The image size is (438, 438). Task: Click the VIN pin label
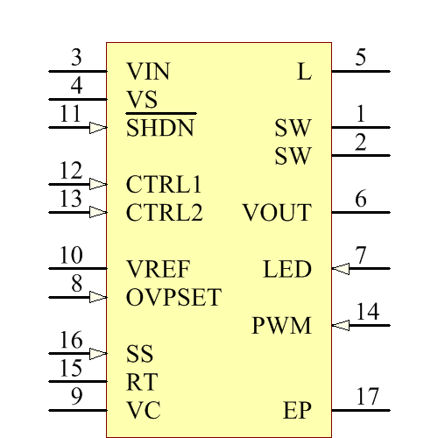click(x=148, y=72)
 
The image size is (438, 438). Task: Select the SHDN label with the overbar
click(x=160, y=129)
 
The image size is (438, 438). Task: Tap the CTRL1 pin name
click(x=165, y=185)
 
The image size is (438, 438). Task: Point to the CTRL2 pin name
click(x=165, y=213)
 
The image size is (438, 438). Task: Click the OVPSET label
click(x=173, y=298)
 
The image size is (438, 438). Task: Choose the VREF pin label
click(x=158, y=269)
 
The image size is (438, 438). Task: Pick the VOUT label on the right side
click(x=277, y=213)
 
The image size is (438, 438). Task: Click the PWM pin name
click(x=282, y=327)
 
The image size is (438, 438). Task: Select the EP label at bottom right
click(x=298, y=411)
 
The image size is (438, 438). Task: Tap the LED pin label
click(x=287, y=270)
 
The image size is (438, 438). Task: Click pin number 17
click(x=368, y=397)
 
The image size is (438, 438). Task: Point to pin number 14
click(x=368, y=312)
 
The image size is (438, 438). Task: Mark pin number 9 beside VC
click(x=76, y=397)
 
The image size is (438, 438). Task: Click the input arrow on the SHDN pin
click(x=98, y=128)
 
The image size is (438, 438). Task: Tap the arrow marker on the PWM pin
click(x=341, y=326)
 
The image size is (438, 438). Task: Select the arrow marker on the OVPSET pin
click(x=98, y=298)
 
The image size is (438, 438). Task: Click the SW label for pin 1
click(x=293, y=129)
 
